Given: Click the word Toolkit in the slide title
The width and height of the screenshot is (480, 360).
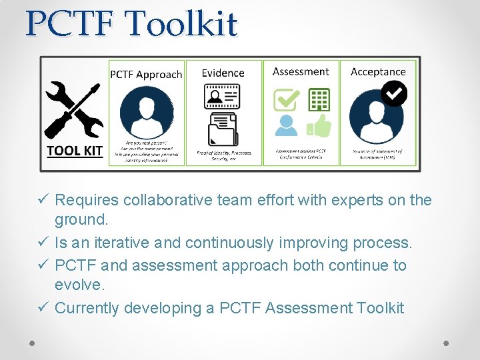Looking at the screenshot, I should pyautogui.click(x=182, y=25).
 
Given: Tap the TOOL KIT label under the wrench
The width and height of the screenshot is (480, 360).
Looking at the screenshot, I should pyautogui.click(x=74, y=151).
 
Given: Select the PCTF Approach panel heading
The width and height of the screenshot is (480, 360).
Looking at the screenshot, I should pyautogui.click(x=146, y=74).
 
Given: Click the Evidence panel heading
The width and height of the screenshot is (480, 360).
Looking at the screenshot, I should pyautogui.click(x=223, y=73).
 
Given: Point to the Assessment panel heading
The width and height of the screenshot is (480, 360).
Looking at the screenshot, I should pyautogui.click(x=301, y=71).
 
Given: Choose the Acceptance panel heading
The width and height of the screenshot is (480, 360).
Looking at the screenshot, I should pyautogui.click(x=378, y=71).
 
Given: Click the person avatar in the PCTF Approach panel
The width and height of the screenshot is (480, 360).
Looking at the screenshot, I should pyautogui.click(x=146, y=111).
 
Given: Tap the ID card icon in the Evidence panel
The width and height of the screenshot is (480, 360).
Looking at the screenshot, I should pyautogui.click(x=222, y=98).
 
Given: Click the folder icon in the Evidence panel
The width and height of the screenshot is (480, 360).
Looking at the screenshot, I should pyautogui.click(x=223, y=129).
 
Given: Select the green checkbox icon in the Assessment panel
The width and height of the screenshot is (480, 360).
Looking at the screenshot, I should pyautogui.click(x=287, y=100).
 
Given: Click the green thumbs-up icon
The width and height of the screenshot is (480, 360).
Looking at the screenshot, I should pyautogui.click(x=319, y=125).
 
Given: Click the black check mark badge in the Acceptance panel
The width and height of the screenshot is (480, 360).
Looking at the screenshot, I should pyautogui.click(x=394, y=94).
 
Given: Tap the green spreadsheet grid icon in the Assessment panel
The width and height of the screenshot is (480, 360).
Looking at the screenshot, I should pyautogui.click(x=319, y=99).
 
